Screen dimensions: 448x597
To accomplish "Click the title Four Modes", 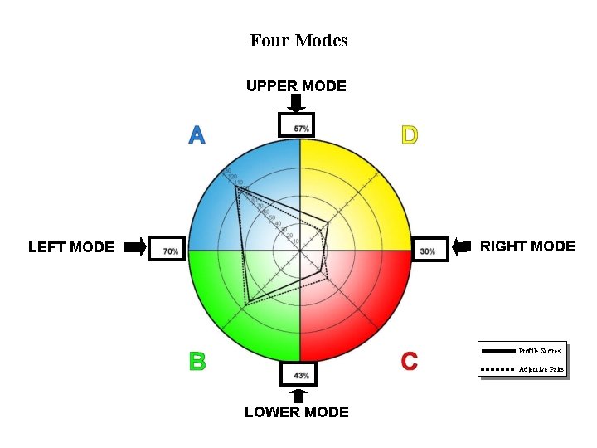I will point(298,40).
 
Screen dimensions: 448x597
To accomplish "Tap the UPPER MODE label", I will point(296,85).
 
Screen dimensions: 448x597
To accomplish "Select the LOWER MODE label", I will point(296,411).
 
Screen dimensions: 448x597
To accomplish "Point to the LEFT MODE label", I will point(71,246).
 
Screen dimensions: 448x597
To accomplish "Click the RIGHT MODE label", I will point(527,246).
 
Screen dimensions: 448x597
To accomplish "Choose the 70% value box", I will point(169,250).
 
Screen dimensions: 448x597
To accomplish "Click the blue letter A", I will point(197,134).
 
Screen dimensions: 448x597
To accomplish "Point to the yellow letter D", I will point(409,134).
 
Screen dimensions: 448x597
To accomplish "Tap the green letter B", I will point(197,361).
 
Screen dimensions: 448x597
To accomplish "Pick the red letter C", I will point(409,361).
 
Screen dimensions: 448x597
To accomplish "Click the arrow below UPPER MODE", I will point(296,103).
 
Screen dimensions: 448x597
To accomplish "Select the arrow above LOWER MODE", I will point(299,396).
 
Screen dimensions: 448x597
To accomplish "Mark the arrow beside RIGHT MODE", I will point(462,246).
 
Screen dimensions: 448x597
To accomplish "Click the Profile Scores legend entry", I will point(522,351).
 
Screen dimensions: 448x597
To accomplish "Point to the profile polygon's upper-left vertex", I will point(237,189).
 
